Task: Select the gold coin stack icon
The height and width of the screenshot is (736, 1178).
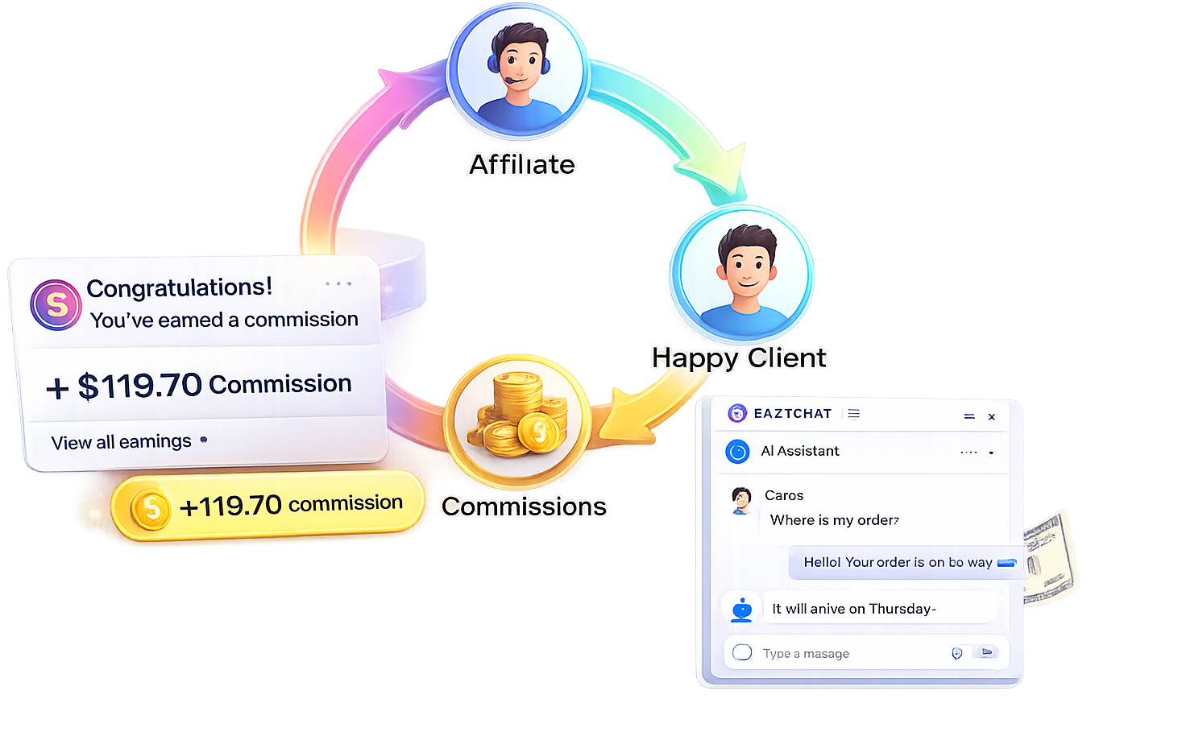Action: [519, 418]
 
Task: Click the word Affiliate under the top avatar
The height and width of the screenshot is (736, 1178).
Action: [522, 164]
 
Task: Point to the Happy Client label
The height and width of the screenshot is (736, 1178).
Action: [739, 357]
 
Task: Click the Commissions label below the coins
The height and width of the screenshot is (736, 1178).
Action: [524, 507]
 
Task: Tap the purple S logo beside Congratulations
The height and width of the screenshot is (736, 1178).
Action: [56, 305]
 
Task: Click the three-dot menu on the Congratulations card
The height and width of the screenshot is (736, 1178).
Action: [338, 283]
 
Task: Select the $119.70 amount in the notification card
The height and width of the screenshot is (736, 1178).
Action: [139, 386]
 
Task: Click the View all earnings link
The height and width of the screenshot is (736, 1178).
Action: [121, 442]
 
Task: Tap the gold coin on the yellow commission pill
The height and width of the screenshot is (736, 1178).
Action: [151, 509]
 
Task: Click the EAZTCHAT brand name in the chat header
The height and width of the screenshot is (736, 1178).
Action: [792, 414]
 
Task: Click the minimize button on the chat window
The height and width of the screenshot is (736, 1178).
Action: [969, 416]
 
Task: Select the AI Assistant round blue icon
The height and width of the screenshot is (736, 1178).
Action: [737, 452]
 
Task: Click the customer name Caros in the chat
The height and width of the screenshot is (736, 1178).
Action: [784, 495]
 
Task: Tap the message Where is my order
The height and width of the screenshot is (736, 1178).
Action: [834, 520]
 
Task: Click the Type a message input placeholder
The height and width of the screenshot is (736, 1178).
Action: [806, 653]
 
